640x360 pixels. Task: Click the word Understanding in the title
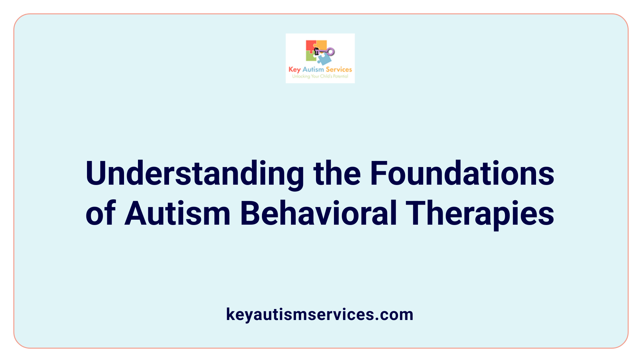(195, 174)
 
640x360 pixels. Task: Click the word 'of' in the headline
(101, 213)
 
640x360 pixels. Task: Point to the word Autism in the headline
(177, 213)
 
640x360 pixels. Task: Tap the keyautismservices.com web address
(320, 314)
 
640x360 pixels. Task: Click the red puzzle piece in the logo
(310, 46)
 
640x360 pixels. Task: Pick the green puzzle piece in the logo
(311, 57)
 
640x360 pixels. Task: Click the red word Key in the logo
(294, 70)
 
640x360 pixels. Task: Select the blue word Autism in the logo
(313, 69)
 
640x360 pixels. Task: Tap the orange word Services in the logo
(339, 69)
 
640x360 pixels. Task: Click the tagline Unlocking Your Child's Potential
(320, 76)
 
